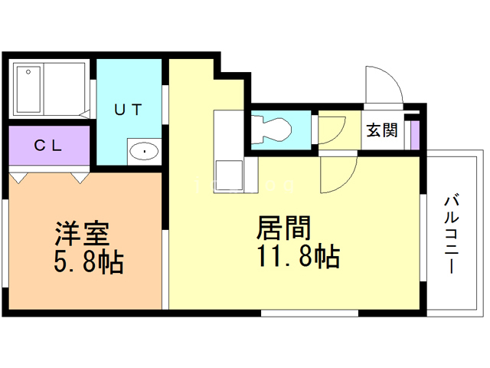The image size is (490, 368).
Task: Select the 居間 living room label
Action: tap(283, 228)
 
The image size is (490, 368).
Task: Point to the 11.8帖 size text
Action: tap(294, 256)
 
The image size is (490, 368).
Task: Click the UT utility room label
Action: tap(128, 110)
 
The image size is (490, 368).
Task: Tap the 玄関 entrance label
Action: tap(381, 130)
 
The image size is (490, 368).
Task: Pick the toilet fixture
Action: tap(273, 128)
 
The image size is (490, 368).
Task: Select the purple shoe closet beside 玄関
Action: tap(413, 133)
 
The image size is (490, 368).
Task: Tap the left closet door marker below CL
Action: tap(20, 178)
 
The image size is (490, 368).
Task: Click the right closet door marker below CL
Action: tap(80, 178)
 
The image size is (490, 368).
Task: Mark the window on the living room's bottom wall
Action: tap(309, 313)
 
